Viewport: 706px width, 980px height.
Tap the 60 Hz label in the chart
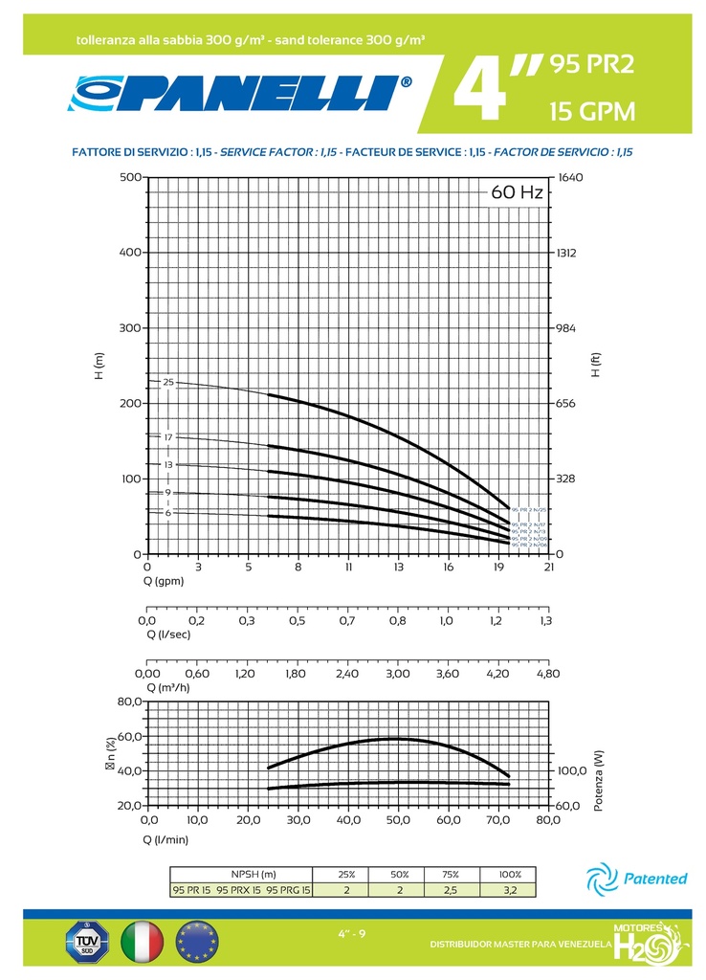pyautogui.click(x=517, y=192)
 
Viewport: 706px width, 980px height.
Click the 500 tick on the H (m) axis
pyautogui.click(x=131, y=177)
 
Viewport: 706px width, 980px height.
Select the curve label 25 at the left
pyautogui.click(x=168, y=382)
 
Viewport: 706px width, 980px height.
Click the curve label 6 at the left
pyautogui.click(x=167, y=513)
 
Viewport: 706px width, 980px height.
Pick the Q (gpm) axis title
pyautogui.click(x=165, y=581)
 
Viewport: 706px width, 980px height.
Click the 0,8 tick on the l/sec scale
pyautogui.click(x=397, y=621)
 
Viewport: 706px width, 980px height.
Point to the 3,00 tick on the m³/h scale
pyautogui.click(x=397, y=674)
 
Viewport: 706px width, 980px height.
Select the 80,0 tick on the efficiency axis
pyautogui.click(x=130, y=702)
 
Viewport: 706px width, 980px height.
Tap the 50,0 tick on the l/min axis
pyautogui.click(x=397, y=820)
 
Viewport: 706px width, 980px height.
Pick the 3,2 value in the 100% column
pyautogui.click(x=509, y=890)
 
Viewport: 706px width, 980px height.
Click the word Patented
pyautogui.click(x=655, y=879)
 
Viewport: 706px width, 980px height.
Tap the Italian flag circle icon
pyautogui.click(x=143, y=943)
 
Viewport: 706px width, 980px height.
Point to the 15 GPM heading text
pyautogui.click(x=591, y=112)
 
